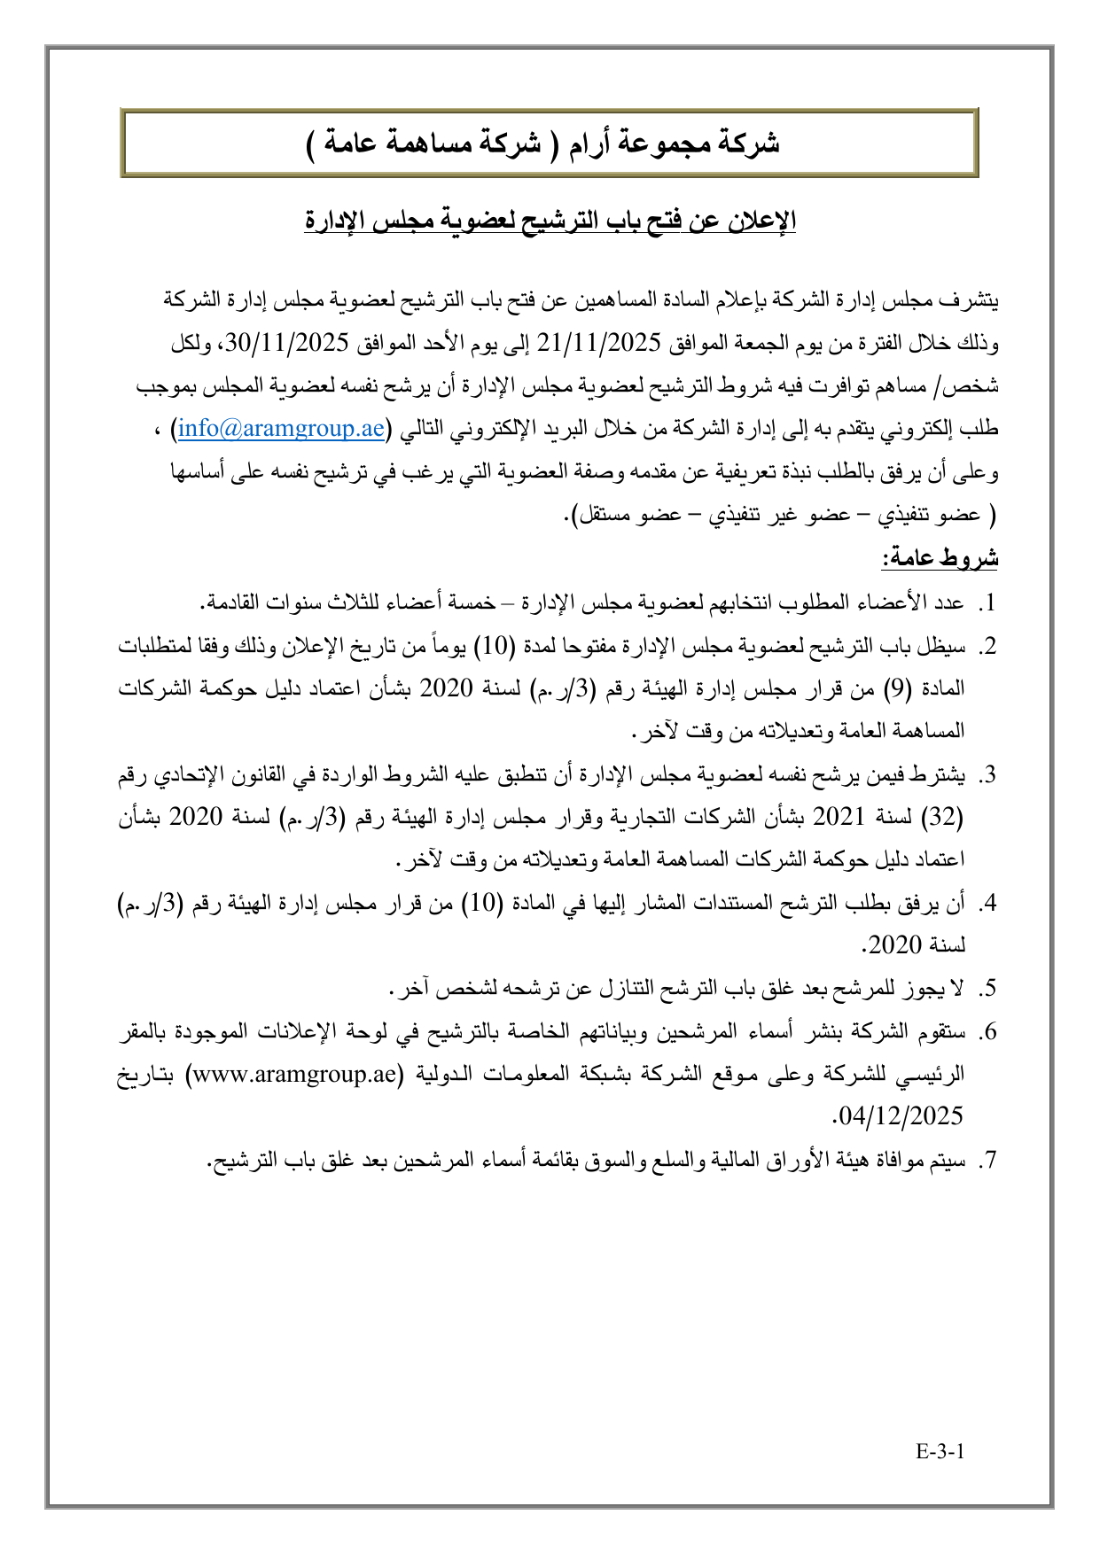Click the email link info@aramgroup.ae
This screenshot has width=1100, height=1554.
(281, 430)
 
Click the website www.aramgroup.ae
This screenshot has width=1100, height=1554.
(294, 1074)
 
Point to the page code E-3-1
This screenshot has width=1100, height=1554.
(940, 1451)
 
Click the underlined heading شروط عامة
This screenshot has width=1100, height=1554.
(940, 558)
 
